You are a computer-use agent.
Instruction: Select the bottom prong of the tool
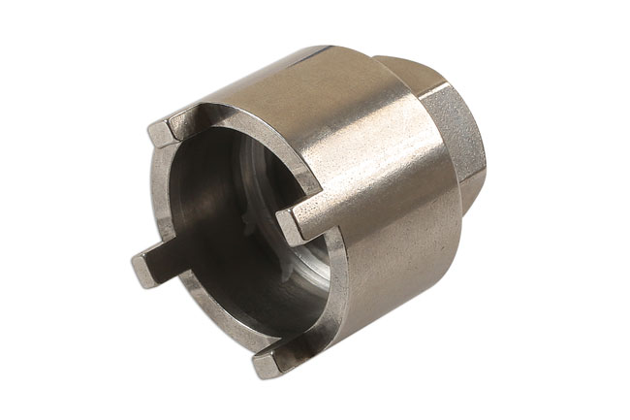coord(271,364)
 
